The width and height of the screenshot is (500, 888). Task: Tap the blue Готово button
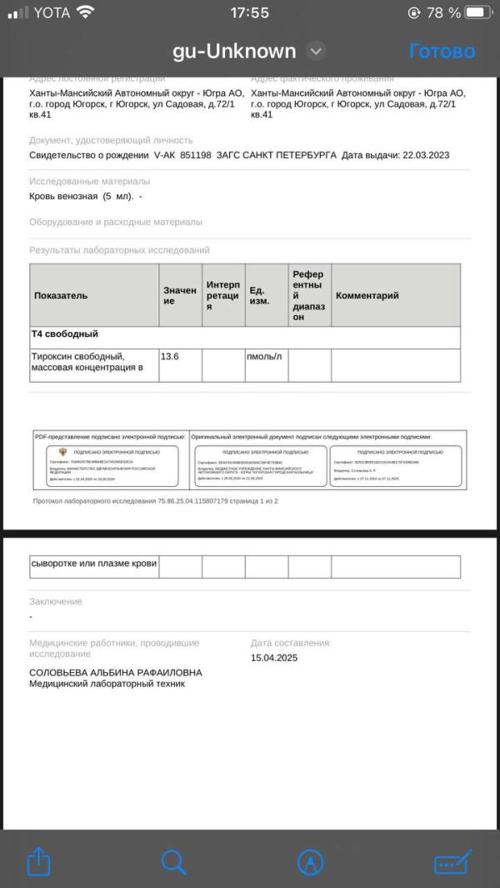click(x=442, y=51)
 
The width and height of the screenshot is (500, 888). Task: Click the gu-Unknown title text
click(x=234, y=51)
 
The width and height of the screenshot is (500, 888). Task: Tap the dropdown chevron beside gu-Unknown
click(x=316, y=51)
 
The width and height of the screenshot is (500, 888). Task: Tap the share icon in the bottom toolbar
click(x=39, y=861)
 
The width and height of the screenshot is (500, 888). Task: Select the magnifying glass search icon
click(x=173, y=861)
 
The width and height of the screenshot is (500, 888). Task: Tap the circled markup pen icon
click(x=310, y=861)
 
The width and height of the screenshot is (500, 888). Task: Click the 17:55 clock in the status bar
click(x=249, y=13)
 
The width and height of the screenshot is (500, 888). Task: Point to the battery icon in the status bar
click(x=479, y=13)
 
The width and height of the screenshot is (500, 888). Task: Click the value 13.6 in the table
click(x=170, y=356)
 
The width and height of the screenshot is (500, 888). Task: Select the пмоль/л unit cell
click(x=264, y=356)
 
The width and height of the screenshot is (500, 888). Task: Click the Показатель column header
click(x=61, y=295)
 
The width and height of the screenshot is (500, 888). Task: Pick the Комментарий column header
click(x=367, y=295)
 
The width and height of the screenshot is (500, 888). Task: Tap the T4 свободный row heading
click(x=65, y=334)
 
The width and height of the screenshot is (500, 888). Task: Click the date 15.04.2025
click(x=274, y=658)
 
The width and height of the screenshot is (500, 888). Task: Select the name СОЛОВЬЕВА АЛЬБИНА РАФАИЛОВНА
click(x=116, y=672)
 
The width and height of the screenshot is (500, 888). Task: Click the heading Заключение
click(x=56, y=601)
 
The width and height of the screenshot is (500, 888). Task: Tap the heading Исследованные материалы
click(x=90, y=181)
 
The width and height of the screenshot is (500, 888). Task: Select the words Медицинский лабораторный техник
click(x=107, y=685)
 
